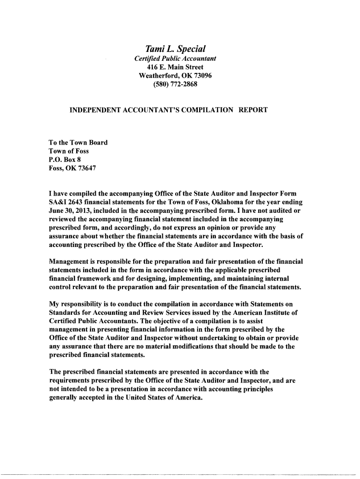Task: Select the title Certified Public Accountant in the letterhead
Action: point(175,59)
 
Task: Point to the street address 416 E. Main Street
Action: point(175,67)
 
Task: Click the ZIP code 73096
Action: point(202,76)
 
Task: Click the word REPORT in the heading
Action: point(253,110)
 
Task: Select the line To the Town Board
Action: point(78,143)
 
